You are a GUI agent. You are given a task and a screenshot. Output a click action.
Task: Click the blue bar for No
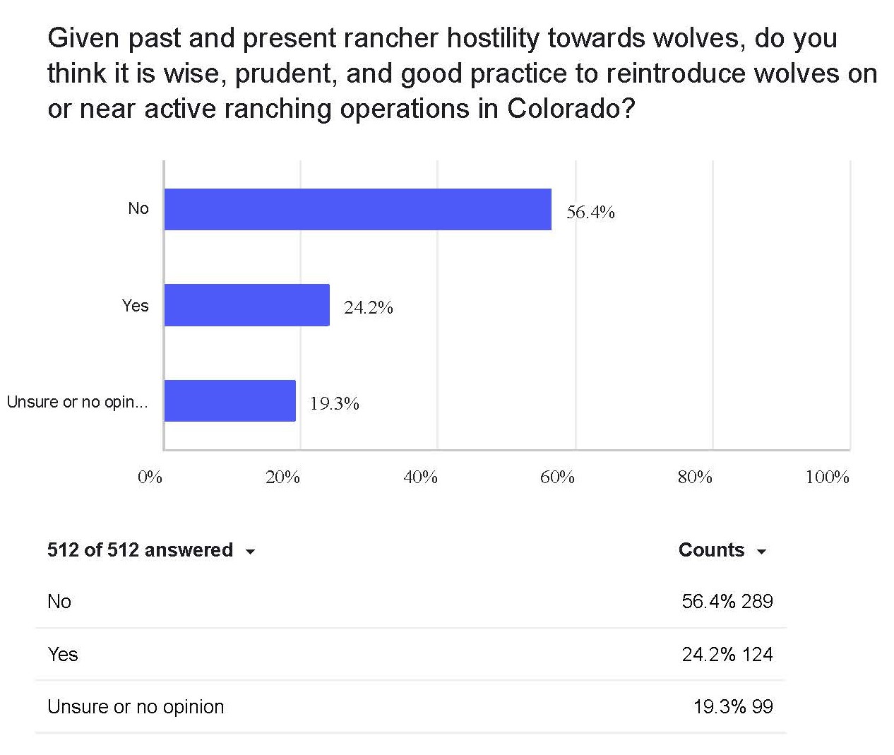tap(357, 209)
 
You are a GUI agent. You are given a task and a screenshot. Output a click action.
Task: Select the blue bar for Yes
tap(246, 305)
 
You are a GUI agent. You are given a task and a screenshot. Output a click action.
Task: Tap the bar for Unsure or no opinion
tap(230, 400)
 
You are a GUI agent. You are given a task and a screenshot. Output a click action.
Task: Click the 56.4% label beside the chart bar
tap(590, 212)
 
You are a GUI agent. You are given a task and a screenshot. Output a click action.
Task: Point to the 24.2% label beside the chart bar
tap(368, 307)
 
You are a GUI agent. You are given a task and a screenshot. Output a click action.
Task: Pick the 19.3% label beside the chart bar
tap(334, 403)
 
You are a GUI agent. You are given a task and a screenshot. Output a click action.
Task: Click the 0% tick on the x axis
tap(150, 477)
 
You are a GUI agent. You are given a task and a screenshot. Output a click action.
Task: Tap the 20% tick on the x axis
tap(282, 477)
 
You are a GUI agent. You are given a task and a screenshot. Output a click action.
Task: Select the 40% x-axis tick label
tap(420, 477)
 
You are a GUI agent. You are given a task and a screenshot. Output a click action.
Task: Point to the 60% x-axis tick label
tap(557, 477)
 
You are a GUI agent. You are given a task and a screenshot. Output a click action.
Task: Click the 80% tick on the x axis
tap(695, 477)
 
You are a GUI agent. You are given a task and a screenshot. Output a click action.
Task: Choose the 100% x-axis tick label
tap(827, 477)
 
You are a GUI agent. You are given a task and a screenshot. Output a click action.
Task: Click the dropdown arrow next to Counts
tap(761, 552)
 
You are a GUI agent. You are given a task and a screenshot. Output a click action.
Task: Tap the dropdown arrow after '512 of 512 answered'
tap(250, 552)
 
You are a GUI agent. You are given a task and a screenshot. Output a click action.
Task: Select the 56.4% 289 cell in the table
tap(727, 601)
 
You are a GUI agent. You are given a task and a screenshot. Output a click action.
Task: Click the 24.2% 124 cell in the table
tap(727, 654)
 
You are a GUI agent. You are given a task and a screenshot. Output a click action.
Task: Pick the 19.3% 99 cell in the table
tap(733, 706)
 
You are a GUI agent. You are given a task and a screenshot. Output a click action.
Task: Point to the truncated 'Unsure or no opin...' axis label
tap(78, 402)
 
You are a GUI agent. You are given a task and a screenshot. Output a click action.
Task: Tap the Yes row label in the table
tap(63, 654)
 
